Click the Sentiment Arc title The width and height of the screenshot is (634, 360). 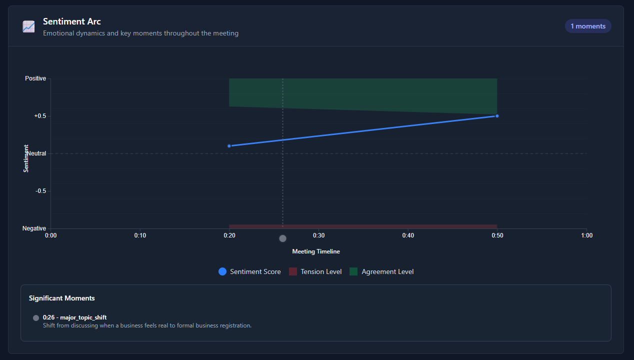click(72, 21)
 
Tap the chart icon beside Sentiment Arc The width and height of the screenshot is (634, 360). click(28, 26)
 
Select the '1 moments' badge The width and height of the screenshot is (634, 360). click(588, 26)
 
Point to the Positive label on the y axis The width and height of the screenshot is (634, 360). click(35, 78)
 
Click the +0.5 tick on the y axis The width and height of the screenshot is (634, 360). click(40, 116)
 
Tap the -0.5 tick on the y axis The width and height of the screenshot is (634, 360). click(40, 191)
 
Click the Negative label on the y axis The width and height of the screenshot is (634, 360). click(34, 228)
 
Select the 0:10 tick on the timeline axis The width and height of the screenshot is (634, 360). click(140, 235)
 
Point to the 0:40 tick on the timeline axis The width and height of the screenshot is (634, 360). click(408, 235)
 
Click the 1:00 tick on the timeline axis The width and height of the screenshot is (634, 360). click(586, 235)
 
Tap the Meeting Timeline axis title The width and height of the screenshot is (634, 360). click(316, 251)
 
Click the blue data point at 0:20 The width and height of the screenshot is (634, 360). click(229, 146)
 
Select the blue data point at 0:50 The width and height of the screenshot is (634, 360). click(497, 116)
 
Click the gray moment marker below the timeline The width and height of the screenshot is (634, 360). click(282, 238)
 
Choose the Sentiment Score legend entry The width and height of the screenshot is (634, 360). click(249, 271)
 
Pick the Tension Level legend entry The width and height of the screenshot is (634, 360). click(315, 271)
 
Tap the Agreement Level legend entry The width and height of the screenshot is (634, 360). click(381, 271)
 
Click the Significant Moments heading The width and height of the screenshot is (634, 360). click(62, 298)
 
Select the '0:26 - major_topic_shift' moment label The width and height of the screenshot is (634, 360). click(75, 317)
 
